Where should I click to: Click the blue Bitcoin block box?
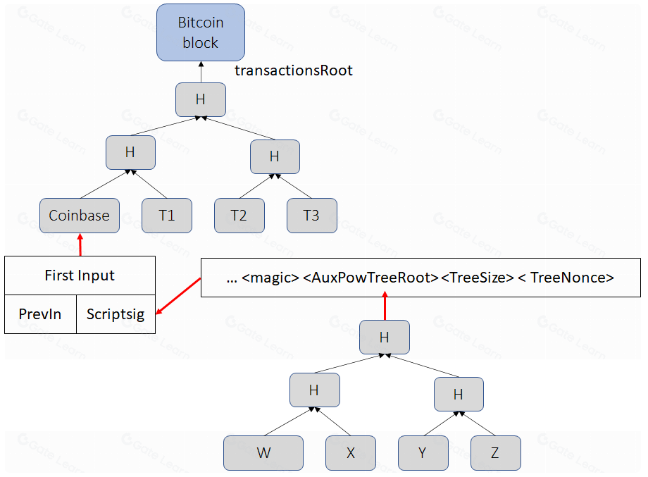point(201,32)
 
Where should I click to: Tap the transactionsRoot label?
point(293,70)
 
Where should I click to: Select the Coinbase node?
point(79,216)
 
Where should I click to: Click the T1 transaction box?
point(167,216)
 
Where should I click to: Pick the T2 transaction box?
point(239,216)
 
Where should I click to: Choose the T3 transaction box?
point(311,216)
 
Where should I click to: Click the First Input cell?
point(80,275)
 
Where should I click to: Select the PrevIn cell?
point(39,314)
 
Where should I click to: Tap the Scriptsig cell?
point(116,314)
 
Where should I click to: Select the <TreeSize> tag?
point(477,278)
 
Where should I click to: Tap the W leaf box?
point(263,453)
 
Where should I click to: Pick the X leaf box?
point(351,453)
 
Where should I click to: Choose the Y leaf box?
point(423,453)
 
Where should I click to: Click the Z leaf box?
point(495,453)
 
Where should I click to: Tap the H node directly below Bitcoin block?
point(201,99)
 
